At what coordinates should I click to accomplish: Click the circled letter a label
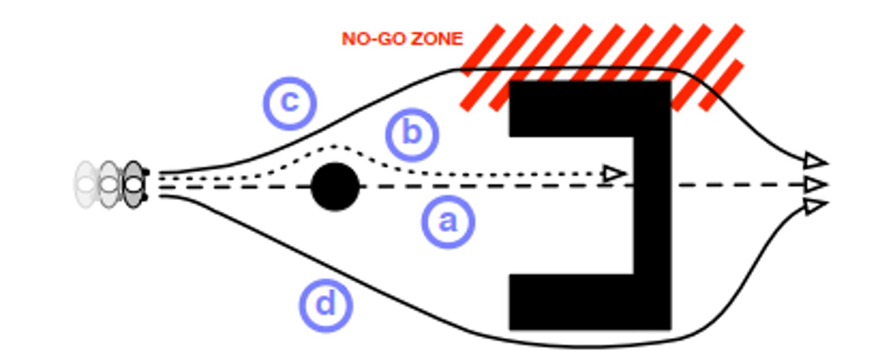pos(448,221)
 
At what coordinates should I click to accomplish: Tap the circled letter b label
pos(412,134)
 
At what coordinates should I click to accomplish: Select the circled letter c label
pos(290,103)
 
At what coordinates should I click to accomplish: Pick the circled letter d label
pos(326,305)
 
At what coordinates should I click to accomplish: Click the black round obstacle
pos(335,187)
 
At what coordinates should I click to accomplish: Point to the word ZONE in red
pos(437,39)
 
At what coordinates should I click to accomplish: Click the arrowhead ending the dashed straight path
pos(815,185)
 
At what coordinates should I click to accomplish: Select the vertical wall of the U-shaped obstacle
pos(653,205)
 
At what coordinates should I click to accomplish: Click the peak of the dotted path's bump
pos(335,146)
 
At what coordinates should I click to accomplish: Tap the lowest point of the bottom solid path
pos(585,348)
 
